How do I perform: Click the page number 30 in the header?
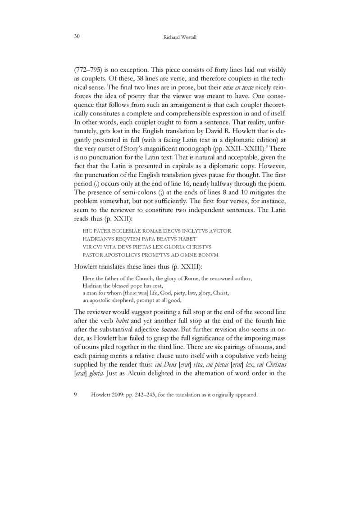point(77,37)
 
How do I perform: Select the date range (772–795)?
point(89,71)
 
